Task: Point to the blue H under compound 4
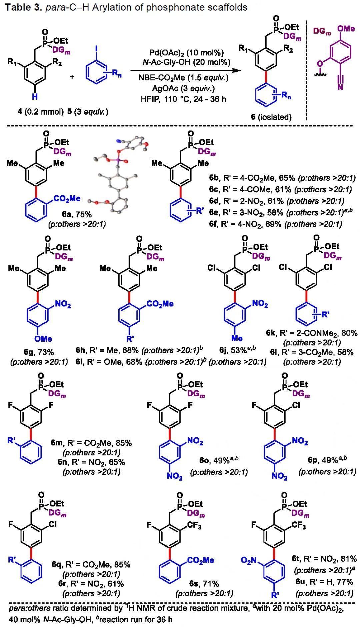click(x=34, y=97)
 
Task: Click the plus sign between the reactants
click(x=72, y=77)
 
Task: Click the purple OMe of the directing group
click(x=346, y=29)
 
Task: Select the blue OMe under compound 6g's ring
click(x=44, y=338)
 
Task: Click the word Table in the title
click(x=16, y=7)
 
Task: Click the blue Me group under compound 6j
click(x=237, y=338)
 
